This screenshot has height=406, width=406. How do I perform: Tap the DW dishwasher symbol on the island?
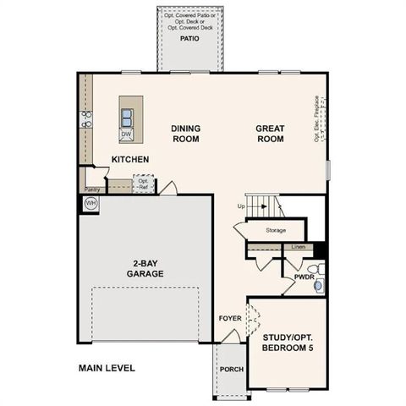tap(126, 134)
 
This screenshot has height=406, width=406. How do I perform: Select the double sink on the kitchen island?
tap(126, 117)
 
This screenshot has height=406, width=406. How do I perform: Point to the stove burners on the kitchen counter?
tap(85, 119)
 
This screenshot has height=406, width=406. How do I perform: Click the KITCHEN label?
tap(130, 159)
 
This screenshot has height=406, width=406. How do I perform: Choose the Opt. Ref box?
tap(144, 184)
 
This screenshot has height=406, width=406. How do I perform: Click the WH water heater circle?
tap(91, 204)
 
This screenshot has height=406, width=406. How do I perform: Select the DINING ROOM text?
tap(185, 134)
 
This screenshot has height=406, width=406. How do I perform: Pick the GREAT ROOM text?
tap(270, 134)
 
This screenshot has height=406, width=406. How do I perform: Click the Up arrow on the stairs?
tap(242, 206)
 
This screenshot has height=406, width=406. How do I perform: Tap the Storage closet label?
tap(275, 230)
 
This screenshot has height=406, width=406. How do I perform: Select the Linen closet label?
tap(298, 246)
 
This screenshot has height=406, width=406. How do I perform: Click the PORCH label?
tap(230, 370)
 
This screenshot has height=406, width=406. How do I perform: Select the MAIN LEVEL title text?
tap(107, 368)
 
